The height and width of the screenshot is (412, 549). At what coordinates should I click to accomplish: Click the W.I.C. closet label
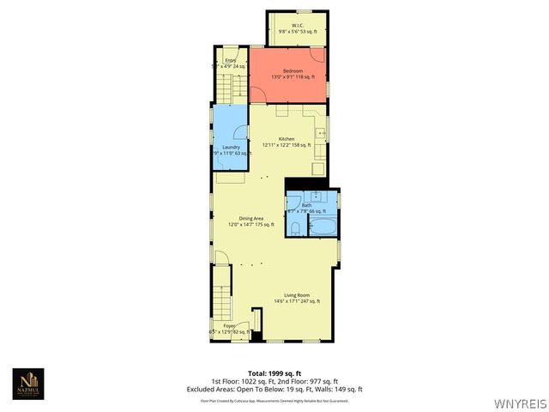click(x=298, y=26)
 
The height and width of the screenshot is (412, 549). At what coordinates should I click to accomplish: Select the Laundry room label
click(x=231, y=147)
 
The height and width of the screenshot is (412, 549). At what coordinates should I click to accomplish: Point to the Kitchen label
click(x=287, y=139)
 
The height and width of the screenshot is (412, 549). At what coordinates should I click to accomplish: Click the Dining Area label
click(x=250, y=218)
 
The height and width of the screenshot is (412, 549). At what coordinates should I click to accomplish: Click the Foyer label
click(x=229, y=325)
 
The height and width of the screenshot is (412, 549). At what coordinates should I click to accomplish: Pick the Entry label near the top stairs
click(x=231, y=60)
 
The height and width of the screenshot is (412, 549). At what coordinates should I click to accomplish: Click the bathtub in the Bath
click(x=323, y=228)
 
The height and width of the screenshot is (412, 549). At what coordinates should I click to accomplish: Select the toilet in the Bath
click(x=294, y=227)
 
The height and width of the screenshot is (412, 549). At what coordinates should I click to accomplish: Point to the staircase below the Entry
click(x=225, y=87)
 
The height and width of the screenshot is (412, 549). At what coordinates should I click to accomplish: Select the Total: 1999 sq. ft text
click(x=274, y=373)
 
